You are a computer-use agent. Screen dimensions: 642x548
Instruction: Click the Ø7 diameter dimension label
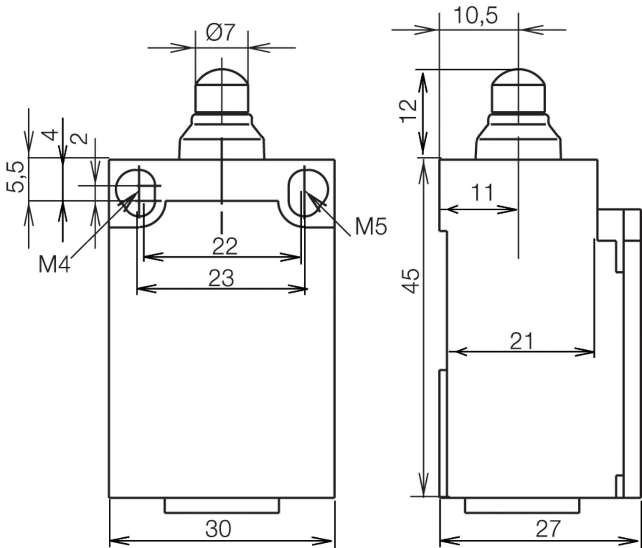(220, 33)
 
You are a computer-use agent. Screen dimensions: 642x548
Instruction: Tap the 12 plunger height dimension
(409, 111)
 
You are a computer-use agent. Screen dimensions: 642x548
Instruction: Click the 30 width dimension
(218, 529)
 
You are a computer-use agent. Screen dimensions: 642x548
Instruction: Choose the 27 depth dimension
(548, 529)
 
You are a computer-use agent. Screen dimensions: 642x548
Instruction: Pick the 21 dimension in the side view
(522, 341)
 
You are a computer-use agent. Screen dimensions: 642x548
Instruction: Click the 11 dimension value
(482, 193)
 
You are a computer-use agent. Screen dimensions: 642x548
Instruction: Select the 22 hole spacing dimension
(225, 246)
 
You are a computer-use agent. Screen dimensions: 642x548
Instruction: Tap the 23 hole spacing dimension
(221, 278)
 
